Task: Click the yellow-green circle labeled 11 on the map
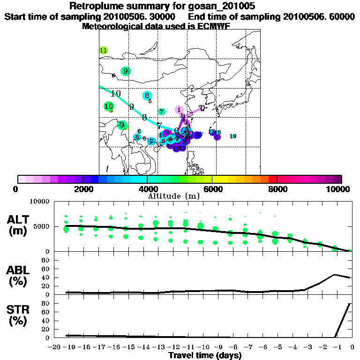pyautogui.click(x=104, y=51)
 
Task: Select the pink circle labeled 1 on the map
pyautogui.click(x=179, y=110)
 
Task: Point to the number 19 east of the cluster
pyautogui.click(x=233, y=136)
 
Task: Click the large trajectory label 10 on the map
pyautogui.click(x=116, y=93)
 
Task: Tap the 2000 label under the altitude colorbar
pyautogui.click(x=82, y=189)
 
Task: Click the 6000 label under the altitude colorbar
pyautogui.click(x=212, y=189)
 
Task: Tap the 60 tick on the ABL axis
pyautogui.click(x=46, y=269)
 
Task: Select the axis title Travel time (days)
pyautogui.click(x=205, y=355)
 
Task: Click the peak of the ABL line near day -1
pyautogui.click(x=335, y=274)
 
